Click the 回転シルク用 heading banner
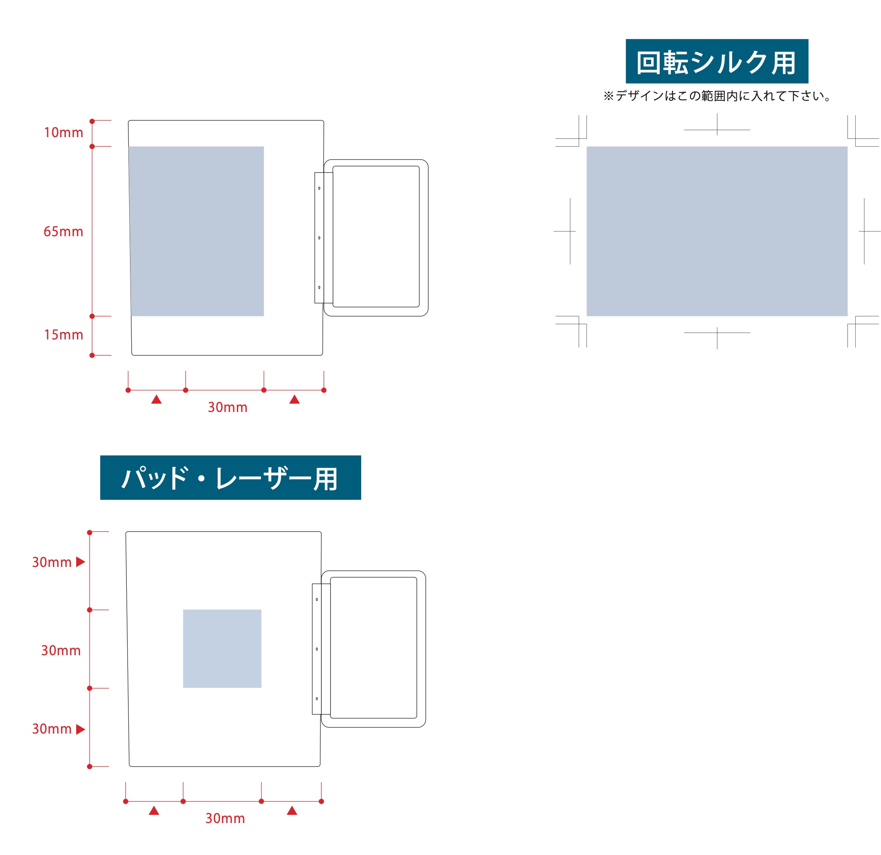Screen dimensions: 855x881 (x=717, y=61)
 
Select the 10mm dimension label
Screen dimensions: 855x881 (x=63, y=133)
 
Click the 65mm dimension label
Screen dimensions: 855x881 (x=63, y=232)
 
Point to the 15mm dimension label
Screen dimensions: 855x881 (x=63, y=334)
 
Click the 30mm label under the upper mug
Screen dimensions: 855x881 (x=227, y=407)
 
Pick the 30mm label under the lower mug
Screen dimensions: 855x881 (x=225, y=818)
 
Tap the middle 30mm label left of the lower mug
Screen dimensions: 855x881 (x=61, y=650)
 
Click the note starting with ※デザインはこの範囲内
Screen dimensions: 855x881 (x=717, y=96)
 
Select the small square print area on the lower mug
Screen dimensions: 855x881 (x=222, y=649)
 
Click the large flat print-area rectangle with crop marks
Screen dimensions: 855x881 (x=717, y=231)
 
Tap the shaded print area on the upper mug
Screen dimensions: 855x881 (x=197, y=231)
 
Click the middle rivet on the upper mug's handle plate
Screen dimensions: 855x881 (x=319, y=238)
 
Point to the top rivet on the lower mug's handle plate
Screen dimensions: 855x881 (x=317, y=600)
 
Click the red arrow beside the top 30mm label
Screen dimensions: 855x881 (x=80, y=562)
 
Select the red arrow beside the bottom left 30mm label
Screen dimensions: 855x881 (x=80, y=729)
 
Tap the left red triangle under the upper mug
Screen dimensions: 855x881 (x=157, y=400)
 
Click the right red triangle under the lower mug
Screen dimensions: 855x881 (x=292, y=811)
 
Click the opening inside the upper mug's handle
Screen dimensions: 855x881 (x=376, y=237)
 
